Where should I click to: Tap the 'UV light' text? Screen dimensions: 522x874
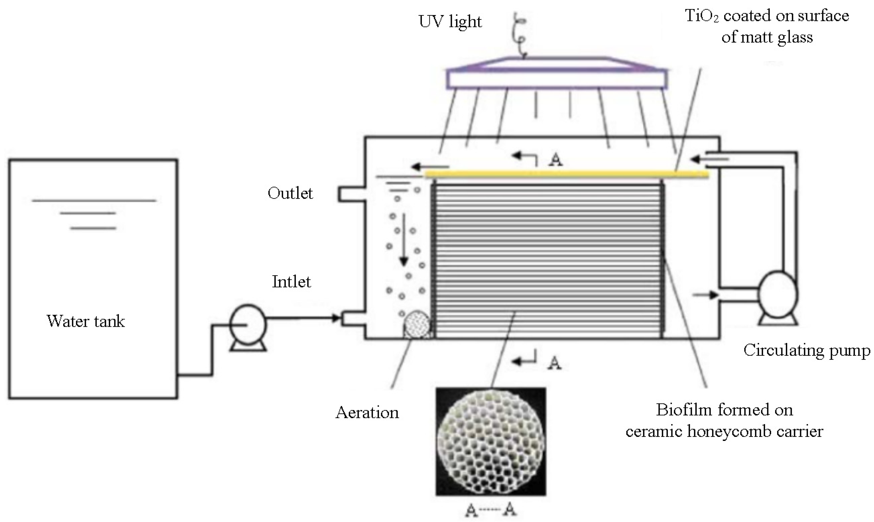click(x=450, y=22)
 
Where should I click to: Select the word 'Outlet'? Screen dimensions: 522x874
click(x=290, y=193)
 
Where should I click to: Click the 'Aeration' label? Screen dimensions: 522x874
click(x=367, y=413)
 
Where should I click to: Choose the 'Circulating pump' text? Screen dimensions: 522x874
click(x=807, y=350)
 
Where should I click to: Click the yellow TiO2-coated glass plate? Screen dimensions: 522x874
click(x=566, y=173)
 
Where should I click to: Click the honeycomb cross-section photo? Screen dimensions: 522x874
click(x=491, y=442)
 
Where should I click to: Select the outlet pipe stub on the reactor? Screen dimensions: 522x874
click(x=351, y=194)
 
